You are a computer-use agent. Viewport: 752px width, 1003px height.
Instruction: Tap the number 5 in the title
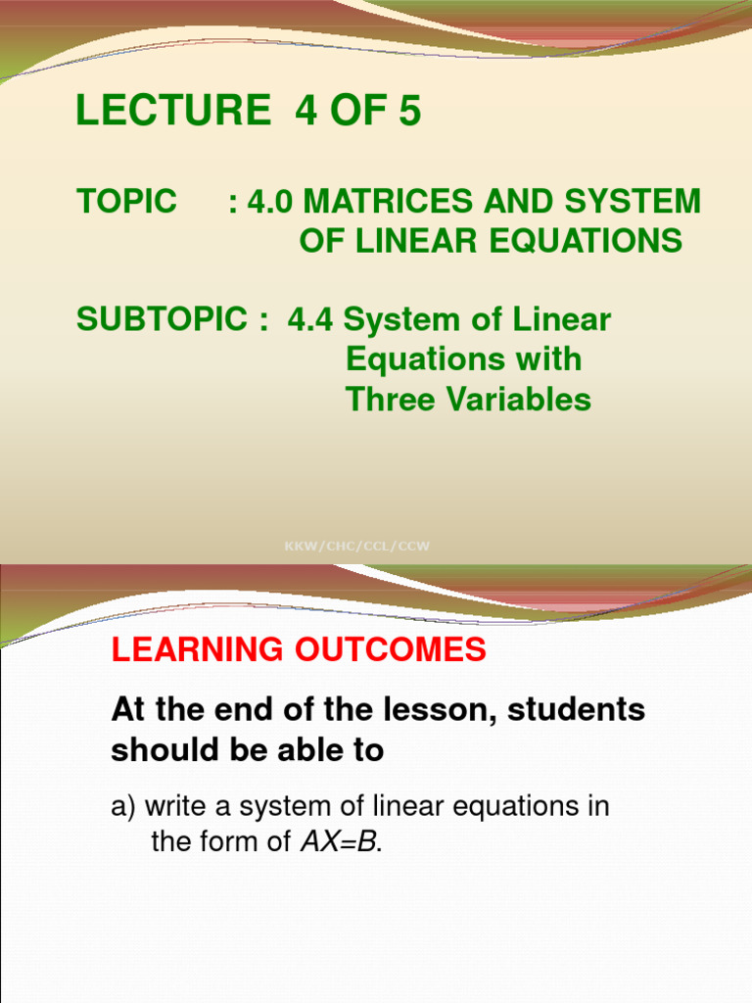(x=409, y=113)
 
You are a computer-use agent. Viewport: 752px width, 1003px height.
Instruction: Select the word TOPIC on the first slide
(x=126, y=202)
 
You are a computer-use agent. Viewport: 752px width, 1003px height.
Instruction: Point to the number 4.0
(x=271, y=202)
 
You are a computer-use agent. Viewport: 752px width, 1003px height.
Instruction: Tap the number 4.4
(x=310, y=320)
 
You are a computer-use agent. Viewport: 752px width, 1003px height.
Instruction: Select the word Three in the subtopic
(x=389, y=400)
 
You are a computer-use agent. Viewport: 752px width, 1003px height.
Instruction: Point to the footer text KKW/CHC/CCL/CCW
(x=356, y=546)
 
